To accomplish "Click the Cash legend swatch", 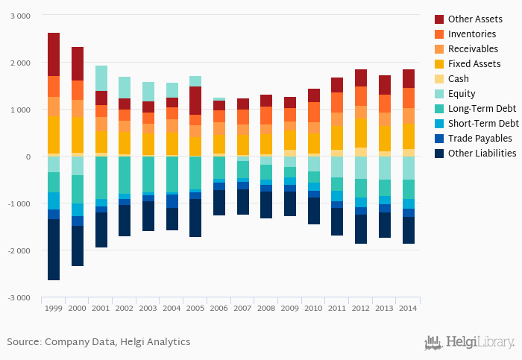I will [440, 79].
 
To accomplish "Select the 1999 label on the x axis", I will [54, 308].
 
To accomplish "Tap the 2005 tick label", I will [195, 308].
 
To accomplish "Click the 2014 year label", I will [408, 308].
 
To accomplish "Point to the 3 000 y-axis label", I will [19, 16].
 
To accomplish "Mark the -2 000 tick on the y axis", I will [18, 250].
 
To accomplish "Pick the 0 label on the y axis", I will [28, 157].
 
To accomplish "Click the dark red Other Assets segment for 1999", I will [54, 54].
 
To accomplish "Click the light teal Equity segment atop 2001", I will [101, 78].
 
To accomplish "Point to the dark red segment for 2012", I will [361, 78].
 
